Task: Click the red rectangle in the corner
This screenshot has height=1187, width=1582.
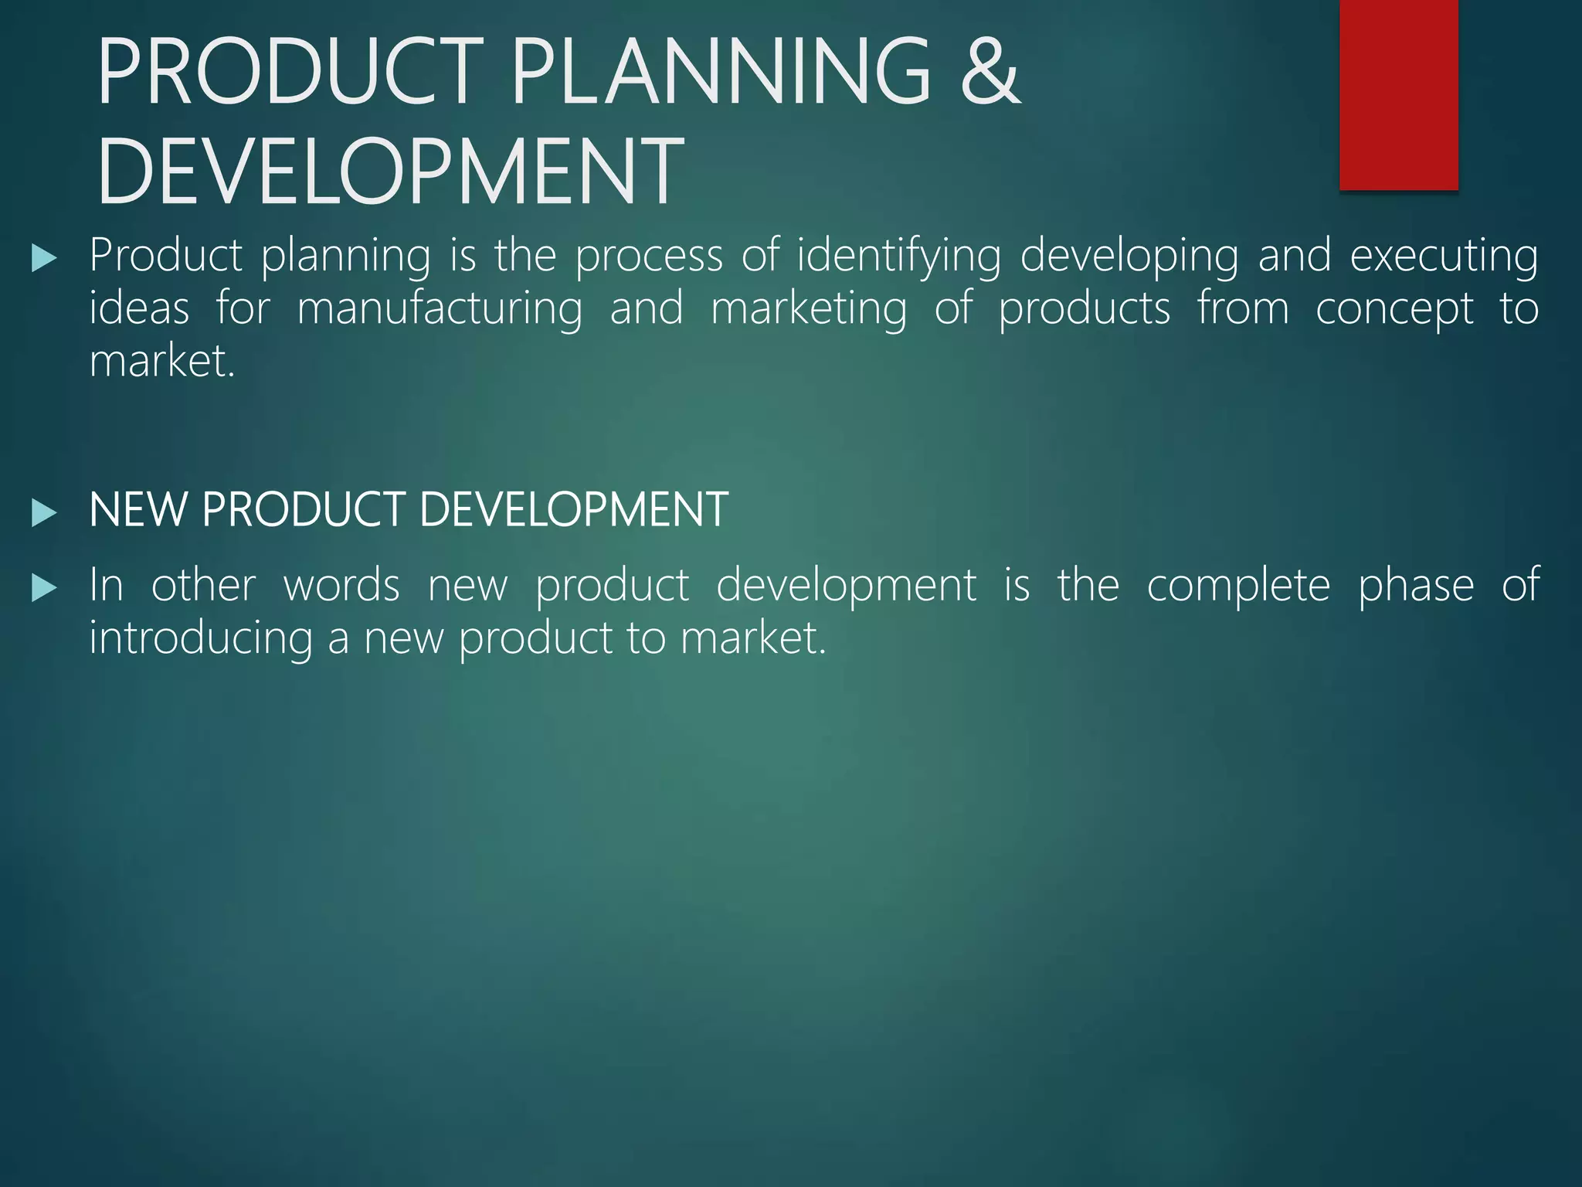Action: tap(1398, 94)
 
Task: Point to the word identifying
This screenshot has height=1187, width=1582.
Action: tap(898, 257)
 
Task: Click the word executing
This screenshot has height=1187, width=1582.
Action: tap(1444, 257)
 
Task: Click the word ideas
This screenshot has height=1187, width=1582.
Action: tap(139, 308)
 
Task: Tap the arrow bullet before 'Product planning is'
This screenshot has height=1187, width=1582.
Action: tap(44, 258)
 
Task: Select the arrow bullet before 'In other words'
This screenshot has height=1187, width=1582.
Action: tap(44, 589)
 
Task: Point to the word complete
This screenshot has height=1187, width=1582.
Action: tap(1238, 587)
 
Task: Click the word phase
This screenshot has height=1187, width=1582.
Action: tap(1416, 587)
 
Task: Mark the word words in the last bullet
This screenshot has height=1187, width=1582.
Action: tap(341, 585)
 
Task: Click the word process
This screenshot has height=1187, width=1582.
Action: tap(649, 257)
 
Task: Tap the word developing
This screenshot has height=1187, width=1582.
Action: tap(1129, 257)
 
